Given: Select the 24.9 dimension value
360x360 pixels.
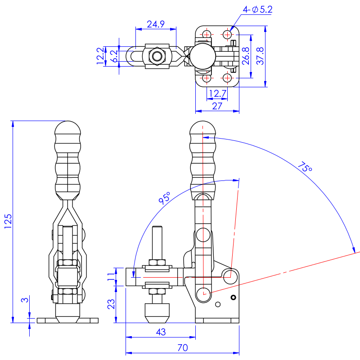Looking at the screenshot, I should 155,24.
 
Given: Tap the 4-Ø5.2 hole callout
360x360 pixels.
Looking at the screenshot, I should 257,9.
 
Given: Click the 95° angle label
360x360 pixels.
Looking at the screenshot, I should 165,198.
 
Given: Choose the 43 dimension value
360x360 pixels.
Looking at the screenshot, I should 160,332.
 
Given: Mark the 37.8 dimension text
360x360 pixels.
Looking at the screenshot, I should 260,56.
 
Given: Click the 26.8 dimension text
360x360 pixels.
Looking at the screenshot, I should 246,56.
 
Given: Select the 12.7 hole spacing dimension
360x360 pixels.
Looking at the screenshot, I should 217,93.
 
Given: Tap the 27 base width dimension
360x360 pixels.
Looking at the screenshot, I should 217,106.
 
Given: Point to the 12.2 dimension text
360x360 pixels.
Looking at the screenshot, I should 100,56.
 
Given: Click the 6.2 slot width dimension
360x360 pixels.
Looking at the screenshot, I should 113,56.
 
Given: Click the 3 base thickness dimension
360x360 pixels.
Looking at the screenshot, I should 25,300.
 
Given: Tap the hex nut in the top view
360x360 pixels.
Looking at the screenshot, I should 157,56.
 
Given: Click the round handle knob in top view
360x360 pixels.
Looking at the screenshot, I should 201,56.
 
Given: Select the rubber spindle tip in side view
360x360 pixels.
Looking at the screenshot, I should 157,312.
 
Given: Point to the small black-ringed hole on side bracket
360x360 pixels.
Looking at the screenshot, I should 233,297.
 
